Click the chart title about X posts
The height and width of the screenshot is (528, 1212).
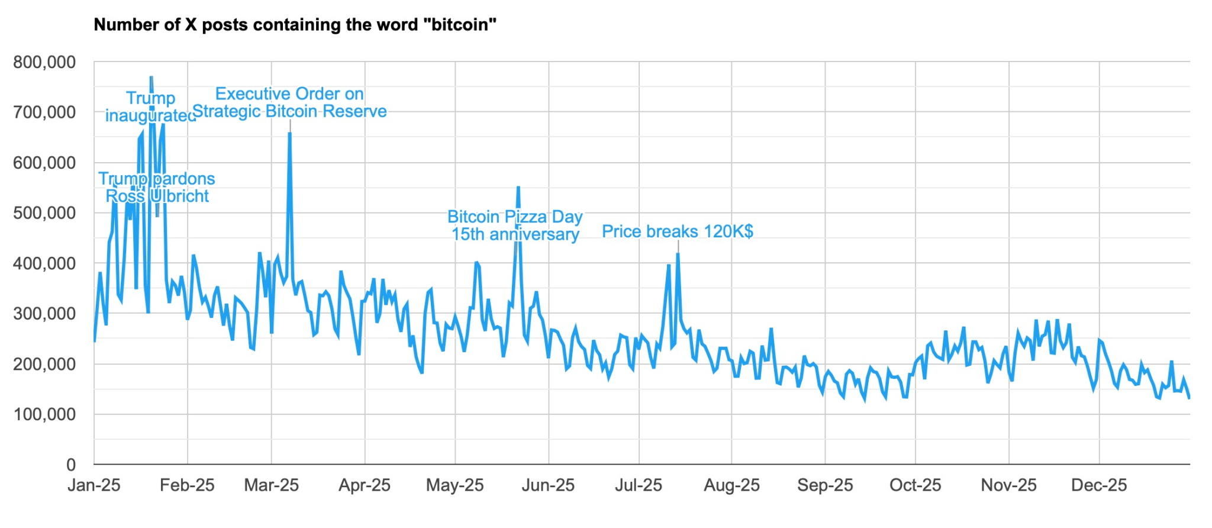[x=295, y=25]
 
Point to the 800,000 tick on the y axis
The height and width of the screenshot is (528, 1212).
[x=44, y=62]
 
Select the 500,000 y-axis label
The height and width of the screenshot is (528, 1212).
[x=44, y=213]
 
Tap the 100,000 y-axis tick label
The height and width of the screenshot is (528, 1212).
[x=44, y=414]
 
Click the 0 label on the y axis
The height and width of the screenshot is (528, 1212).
[x=71, y=465]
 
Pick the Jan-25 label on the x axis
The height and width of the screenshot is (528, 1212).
[x=94, y=485]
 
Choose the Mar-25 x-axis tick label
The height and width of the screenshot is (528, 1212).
[x=272, y=485]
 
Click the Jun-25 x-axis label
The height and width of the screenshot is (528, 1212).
[x=548, y=485]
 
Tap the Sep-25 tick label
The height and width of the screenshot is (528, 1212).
[x=825, y=485]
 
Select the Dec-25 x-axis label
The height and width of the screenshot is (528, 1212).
[x=1099, y=485]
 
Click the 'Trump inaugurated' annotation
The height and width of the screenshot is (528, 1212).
[x=150, y=107]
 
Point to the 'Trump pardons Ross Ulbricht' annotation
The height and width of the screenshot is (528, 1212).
[x=157, y=187]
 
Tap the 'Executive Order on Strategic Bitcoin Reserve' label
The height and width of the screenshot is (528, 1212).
[x=289, y=102]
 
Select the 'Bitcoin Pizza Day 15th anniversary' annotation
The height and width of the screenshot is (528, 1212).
[x=515, y=226]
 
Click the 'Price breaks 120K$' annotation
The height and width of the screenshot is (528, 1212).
[x=678, y=231]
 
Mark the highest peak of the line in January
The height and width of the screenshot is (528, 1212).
[x=151, y=78]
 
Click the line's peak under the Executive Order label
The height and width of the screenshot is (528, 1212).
[x=289, y=133]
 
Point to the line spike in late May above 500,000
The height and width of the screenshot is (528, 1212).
[x=518, y=187]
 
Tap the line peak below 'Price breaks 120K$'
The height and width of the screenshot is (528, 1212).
[x=678, y=254]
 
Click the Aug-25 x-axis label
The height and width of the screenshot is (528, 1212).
[x=731, y=485]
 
